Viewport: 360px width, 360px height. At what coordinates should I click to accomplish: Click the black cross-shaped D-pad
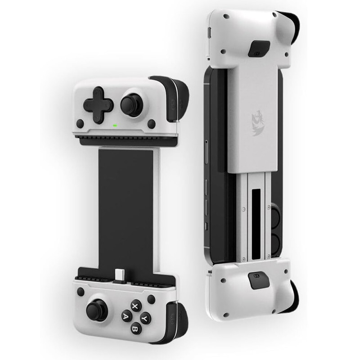(98, 105)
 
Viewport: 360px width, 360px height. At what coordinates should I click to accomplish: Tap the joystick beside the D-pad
(131, 105)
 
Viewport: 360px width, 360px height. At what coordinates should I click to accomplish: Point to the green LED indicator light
(116, 125)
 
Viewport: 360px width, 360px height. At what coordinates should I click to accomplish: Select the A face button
(126, 316)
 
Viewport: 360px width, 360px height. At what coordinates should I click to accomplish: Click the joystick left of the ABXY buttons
(97, 310)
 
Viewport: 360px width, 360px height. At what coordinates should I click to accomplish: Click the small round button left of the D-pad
(80, 123)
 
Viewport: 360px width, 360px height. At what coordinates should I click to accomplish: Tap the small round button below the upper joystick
(151, 124)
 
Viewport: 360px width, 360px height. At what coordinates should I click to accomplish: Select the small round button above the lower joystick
(81, 292)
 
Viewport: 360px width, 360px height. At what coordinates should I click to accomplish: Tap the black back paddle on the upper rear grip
(259, 49)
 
